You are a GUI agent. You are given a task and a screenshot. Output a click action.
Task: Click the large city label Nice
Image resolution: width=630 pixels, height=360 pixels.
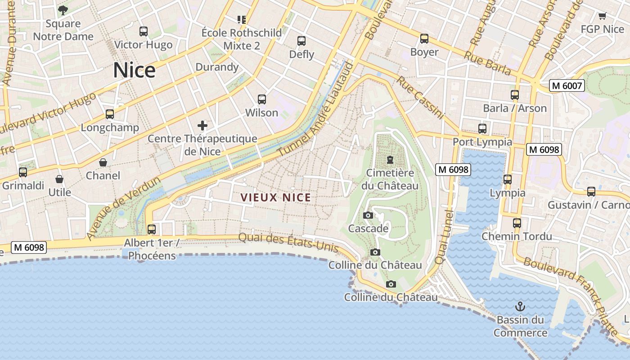(134, 70)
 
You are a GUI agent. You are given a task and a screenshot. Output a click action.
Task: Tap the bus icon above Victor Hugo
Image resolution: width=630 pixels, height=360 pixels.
(144, 31)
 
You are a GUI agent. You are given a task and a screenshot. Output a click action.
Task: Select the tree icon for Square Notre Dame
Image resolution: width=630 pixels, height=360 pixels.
(63, 10)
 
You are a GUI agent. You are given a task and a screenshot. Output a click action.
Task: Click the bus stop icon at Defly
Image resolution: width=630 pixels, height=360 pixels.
(301, 41)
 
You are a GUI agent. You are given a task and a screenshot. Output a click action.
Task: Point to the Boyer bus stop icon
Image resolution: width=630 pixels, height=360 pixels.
(424, 39)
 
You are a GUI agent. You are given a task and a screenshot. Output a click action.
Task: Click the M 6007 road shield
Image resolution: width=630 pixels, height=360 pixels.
(567, 85)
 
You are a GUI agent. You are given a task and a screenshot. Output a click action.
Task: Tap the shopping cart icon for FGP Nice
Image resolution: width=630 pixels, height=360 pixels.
(602, 16)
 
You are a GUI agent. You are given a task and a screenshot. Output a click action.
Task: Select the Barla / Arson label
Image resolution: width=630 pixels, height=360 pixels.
(515, 108)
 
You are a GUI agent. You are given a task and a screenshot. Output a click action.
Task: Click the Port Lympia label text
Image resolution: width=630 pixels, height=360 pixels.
(482, 142)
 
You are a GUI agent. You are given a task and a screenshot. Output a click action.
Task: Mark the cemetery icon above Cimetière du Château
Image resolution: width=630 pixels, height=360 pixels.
(390, 159)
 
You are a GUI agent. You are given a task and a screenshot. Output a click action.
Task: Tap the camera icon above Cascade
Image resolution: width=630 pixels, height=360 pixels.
(368, 216)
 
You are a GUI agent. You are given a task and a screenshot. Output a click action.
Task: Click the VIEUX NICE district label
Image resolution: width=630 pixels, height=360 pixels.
(276, 198)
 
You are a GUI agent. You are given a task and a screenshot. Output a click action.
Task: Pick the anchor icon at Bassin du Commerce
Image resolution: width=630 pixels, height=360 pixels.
(520, 307)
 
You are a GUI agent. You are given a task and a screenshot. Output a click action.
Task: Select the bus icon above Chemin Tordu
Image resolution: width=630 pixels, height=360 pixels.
(517, 223)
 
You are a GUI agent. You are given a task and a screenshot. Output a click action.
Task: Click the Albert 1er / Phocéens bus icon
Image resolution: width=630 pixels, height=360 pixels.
(152, 229)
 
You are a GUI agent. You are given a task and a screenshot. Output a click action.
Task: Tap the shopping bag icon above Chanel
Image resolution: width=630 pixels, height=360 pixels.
(103, 162)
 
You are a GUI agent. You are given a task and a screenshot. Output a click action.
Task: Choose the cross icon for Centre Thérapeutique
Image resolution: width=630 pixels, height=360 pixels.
(202, 126)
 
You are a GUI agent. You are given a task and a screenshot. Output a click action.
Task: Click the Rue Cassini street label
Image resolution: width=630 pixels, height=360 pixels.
(420, 97)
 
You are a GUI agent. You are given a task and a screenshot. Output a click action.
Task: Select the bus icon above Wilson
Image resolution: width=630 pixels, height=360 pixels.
(262, 99)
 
